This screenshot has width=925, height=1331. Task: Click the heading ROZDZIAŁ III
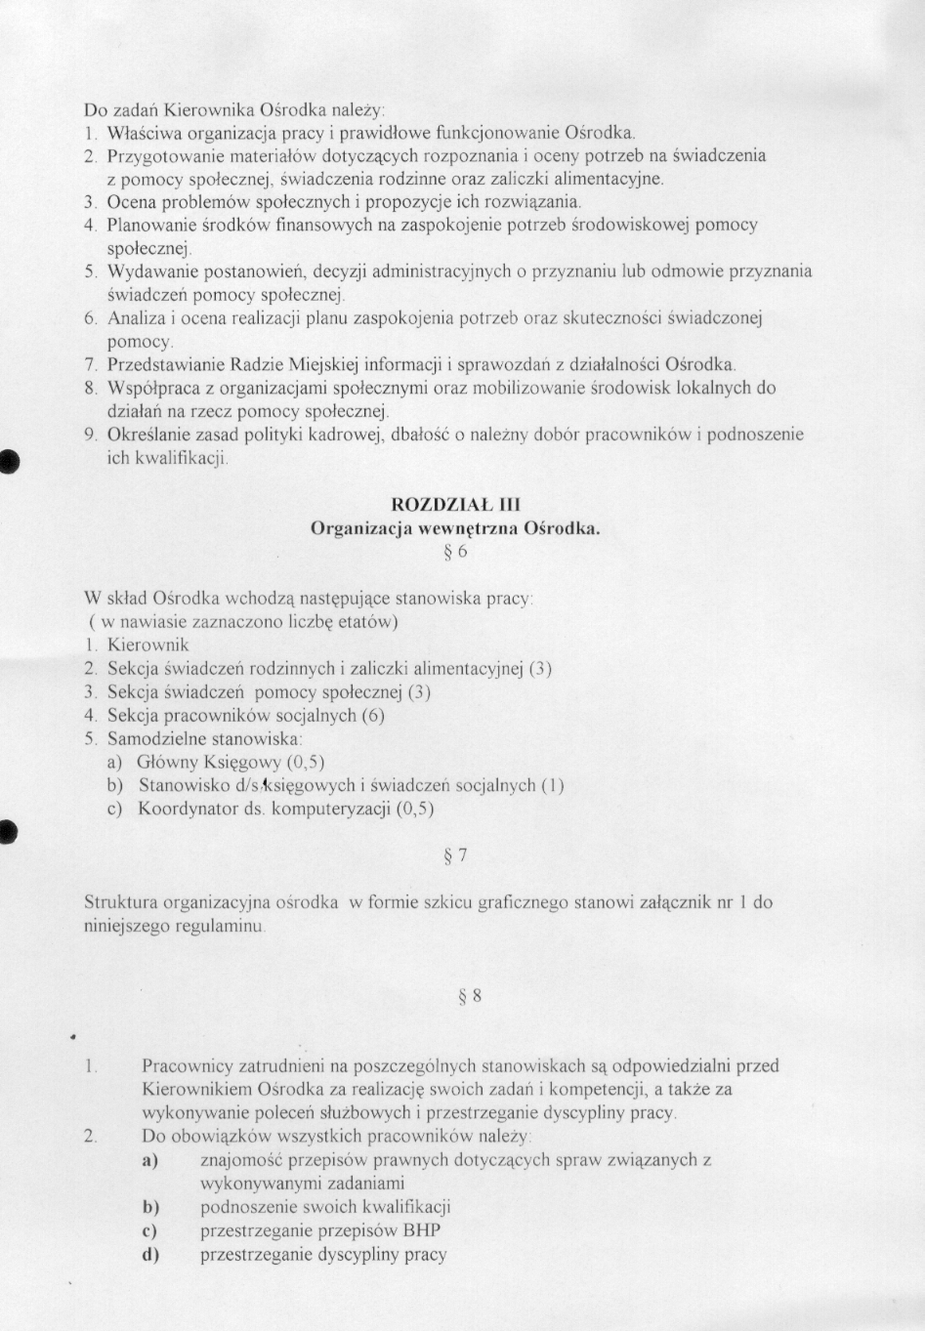[x=455, y=505]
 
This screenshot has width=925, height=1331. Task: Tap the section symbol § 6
[x=455, y=553]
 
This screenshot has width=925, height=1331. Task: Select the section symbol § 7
[x=455, y=856]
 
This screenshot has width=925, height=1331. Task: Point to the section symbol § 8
[x=470, y=997]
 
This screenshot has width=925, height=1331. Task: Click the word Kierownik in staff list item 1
[x=147, y=645]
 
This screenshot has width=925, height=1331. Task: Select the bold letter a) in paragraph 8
[x=150, y=1161]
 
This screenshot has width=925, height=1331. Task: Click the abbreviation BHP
[x=421, y=1231]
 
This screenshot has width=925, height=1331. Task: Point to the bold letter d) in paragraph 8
[x=150, y=1256]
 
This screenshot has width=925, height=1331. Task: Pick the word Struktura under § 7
[x=120, y=903]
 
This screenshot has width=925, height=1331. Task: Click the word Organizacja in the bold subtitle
[x=360, y=529]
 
